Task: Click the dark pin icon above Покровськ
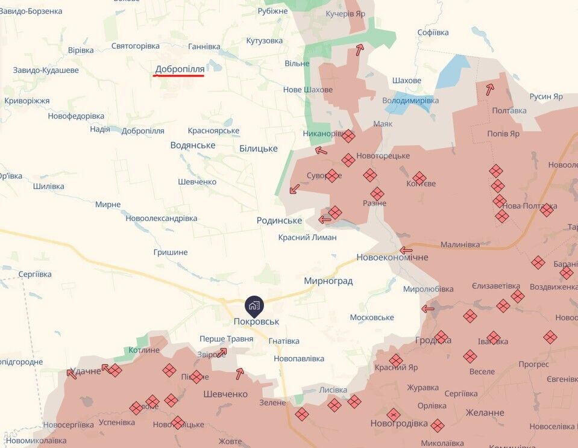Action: pyautogui.click(x=254, y=306)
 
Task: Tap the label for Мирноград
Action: pyautogui.click(x=328, y=281)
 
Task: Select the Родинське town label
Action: pyautogui.click(x=279, y=220)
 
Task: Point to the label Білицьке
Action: pyautogui.click(x=258, y=148)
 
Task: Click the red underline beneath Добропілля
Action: pyautogui.click(x=180, y=76)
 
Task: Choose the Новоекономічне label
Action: pyautogui.click(x=392, y=257)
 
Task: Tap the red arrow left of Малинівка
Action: pyautogui.click(x=406, y=250)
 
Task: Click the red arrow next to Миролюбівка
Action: pyautogui.click(x=428, y=309)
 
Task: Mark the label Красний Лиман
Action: pyautogui.click(x=307, y=237)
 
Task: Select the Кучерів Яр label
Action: pyautogui.click(x=345, y=13)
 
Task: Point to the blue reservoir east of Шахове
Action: pyautogui.click(x=453, y=71)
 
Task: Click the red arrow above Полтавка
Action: pyautogui.click(x=489, y=90)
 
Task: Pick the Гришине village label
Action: pyautogui.click(x=170, y=252)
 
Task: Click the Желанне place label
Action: pyautogui.click(x=485, y=412)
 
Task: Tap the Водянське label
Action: pyautogui.click(x=192, y=145)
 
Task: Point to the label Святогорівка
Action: pyautogui.click(x=135, y=46)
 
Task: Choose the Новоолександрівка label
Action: pyautogui.click(x=161, y=218)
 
